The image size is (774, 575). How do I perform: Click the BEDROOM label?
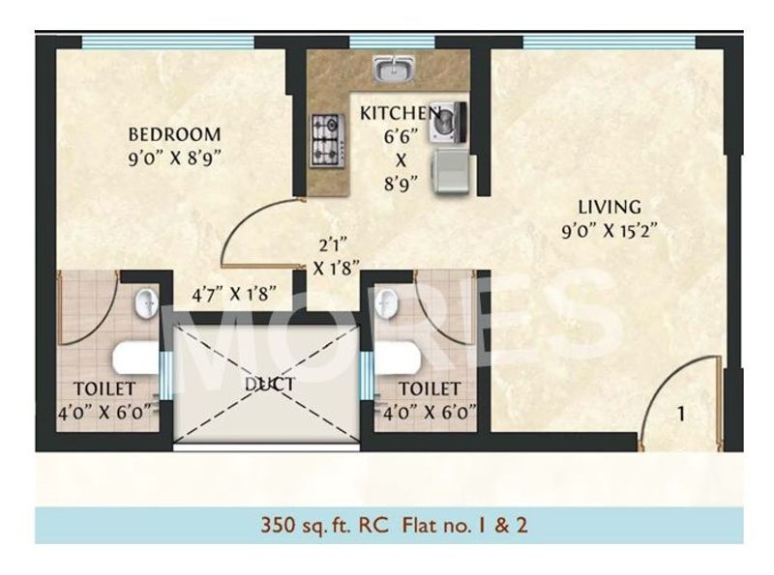pos(175,133)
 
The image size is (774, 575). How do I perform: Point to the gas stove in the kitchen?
pos(326,139)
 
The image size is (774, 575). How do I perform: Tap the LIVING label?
pos(610,206)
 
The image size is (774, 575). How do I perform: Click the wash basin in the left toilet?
pos(145,303)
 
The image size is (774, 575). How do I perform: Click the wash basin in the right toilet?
pos(388,303)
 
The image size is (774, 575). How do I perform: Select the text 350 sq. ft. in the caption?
pos(304,527)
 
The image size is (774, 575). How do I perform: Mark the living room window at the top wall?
pos(608,42)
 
